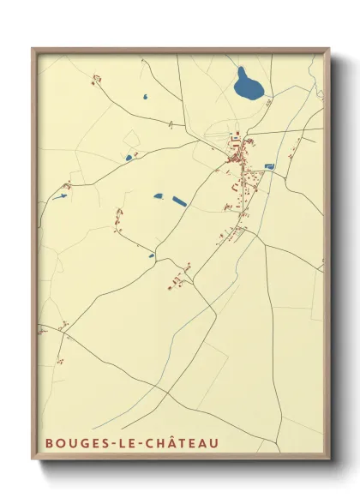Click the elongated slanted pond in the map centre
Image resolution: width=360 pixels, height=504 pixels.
[x=179, y=201]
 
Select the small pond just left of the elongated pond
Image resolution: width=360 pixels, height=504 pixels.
[x=159, y=196]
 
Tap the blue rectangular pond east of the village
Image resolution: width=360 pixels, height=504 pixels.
[x=269, y=166]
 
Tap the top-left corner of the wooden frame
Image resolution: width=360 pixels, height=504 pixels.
[x=33, y=48]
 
